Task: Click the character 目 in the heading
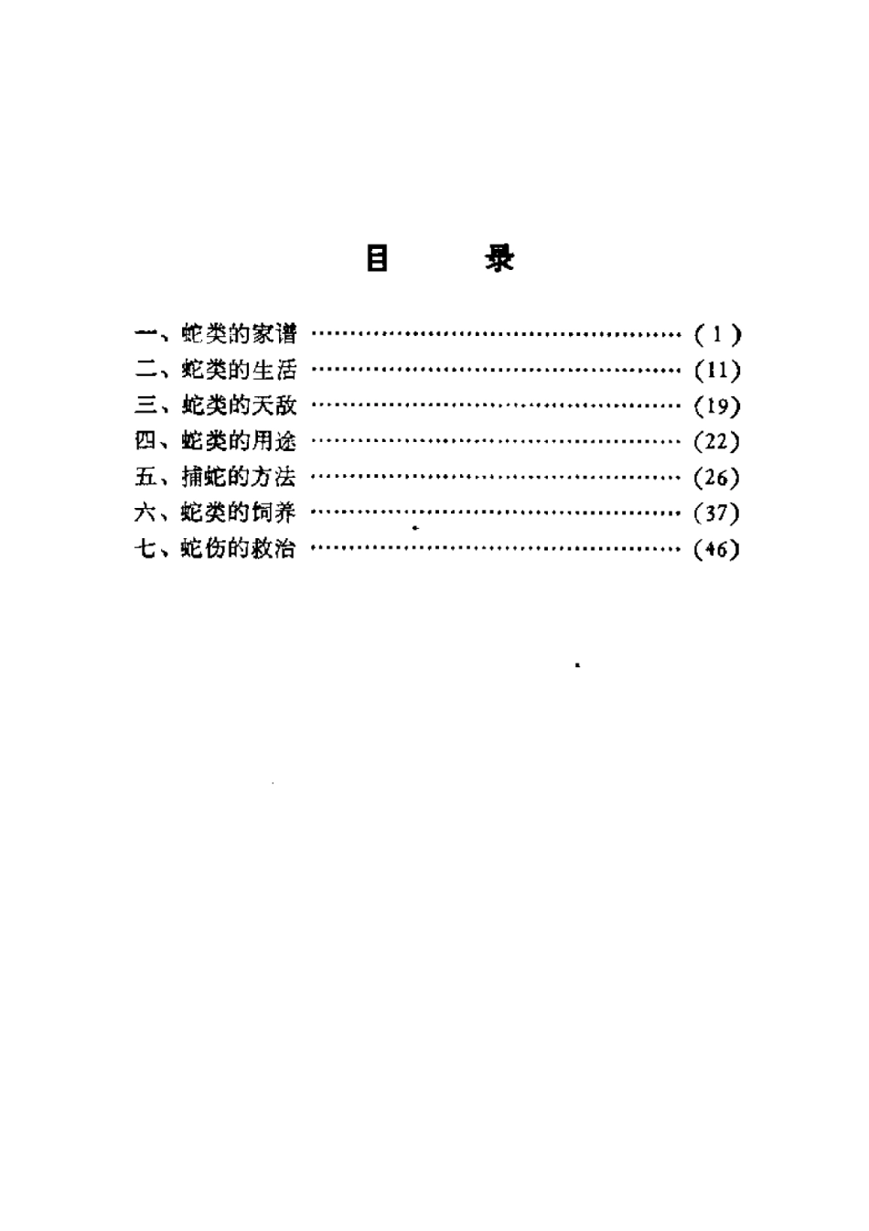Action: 377,258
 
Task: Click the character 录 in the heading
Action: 499,258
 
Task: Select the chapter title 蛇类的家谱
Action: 239,334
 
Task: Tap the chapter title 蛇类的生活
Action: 239,370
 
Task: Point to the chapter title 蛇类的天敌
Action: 239,405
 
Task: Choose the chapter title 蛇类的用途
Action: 239,441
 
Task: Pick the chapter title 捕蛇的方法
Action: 239,477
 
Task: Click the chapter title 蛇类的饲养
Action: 239,513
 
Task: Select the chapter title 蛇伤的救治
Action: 239,548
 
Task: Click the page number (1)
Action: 717,334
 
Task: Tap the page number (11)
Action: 717,371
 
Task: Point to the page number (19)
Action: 717,406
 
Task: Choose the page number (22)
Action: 717,441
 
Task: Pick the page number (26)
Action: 717,477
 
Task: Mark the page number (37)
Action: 717,513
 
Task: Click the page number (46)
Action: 717,548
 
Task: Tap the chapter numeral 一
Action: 145,333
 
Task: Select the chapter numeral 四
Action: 145,441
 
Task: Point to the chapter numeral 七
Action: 145,548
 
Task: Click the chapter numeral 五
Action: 145,477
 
